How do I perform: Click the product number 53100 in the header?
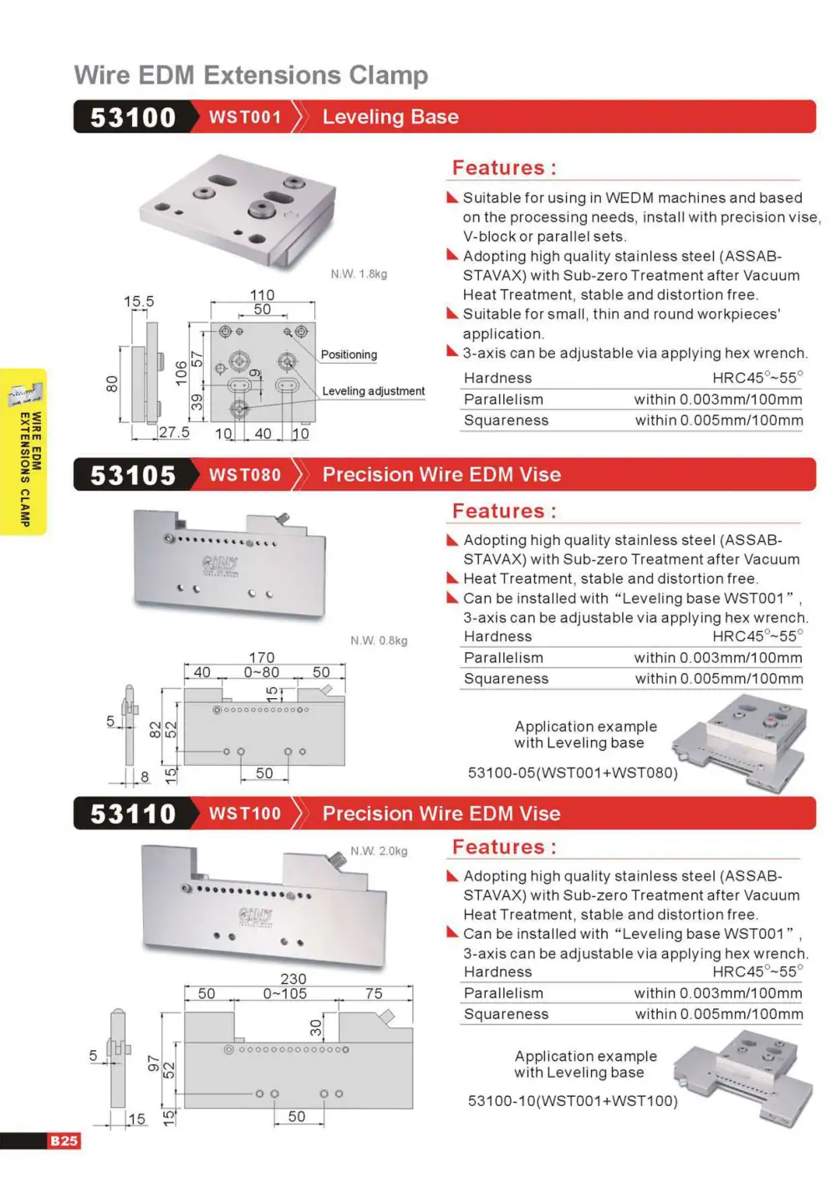coord(133,117)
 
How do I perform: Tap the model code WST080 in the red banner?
coord(244,475)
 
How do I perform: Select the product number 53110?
coord(133,813)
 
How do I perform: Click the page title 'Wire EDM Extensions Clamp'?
coord(251,75)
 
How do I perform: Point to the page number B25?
coord(64,1141)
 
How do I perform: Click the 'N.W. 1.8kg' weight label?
coord(359,274)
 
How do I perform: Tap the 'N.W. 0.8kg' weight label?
coord(379,640)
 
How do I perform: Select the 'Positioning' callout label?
coord(349,354)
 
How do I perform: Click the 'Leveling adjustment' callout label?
coord(374,391)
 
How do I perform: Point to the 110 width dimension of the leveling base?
coord(263,294)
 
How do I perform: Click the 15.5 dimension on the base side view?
coord(139,302)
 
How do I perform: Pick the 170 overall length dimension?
coord(262,657)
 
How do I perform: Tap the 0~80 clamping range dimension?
coord(262,672)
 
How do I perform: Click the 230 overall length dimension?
coord(293,979)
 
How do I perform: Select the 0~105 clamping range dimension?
coord(284,994)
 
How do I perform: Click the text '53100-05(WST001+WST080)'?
coord(573,773)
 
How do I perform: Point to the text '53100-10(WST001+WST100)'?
coord(573,1101)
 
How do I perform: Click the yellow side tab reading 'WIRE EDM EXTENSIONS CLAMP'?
coord(23,452)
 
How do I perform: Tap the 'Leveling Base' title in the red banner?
coord(390,117)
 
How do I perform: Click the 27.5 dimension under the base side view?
coord(174,432)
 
